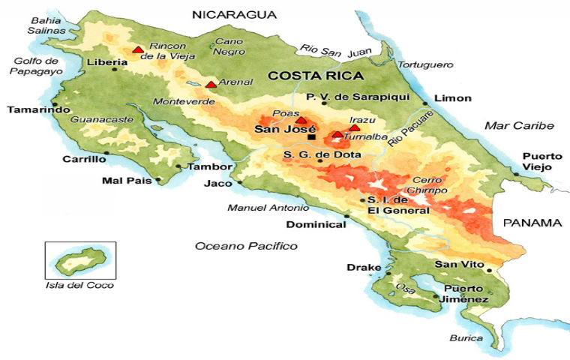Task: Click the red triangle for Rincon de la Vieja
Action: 138,50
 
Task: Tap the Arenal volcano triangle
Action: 211,85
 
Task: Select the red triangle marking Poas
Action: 301,121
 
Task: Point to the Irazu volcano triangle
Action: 355,127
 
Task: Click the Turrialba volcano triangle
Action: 337,135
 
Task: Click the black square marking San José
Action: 311,136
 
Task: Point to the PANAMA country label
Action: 532,223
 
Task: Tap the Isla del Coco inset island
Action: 78,262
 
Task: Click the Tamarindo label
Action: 34,109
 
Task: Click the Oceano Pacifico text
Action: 246,246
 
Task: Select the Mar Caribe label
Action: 518,125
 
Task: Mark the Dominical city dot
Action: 346,217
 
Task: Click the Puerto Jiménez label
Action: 466,294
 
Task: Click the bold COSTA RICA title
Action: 316,76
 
